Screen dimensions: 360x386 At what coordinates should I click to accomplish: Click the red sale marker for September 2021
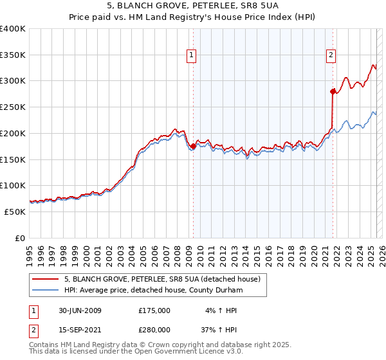[x=333, y=91]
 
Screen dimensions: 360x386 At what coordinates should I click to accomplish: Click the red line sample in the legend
[x=44, y=279]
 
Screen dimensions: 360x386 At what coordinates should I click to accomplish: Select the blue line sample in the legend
[x=44, y=291]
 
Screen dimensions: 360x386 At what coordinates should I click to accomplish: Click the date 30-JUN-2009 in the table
[x=80, y=310]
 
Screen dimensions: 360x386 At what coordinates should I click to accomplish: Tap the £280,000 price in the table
[x=154, y=329]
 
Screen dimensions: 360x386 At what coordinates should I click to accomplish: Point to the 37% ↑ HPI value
[x=219, y=329]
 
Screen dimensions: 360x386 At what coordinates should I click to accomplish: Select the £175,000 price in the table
[x=154, y=310]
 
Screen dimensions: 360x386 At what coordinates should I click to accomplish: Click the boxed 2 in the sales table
[x=34, y=329]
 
